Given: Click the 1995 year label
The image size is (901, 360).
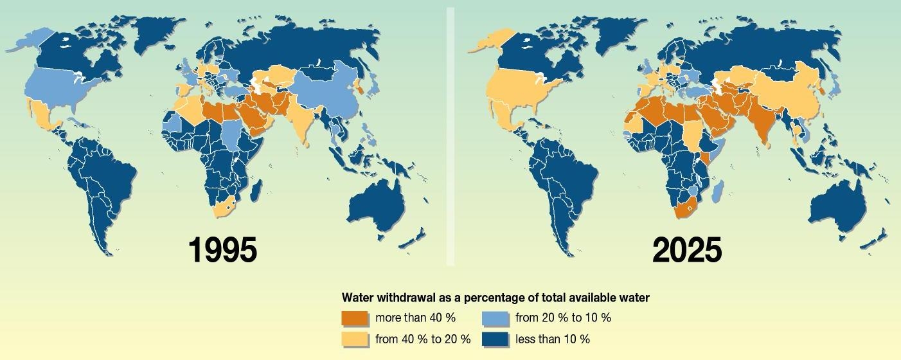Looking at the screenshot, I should click(x=222, y=250).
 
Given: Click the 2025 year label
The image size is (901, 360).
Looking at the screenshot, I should click(x=687, y=250).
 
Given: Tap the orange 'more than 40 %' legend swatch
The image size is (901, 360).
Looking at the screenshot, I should click(x=355, y=318).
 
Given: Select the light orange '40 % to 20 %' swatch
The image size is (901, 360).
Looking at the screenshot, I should click(x=355, y=338).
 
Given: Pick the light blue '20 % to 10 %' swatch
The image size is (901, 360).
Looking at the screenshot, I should click(x=495, y=318).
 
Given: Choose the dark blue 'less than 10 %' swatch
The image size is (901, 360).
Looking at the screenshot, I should click(x=495, y=338).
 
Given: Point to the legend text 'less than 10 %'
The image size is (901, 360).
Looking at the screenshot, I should click(x=552, y=338).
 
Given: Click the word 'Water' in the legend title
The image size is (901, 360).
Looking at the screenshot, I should click(x=357, y=298).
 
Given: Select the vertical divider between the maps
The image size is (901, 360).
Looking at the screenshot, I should click(x=450, y=135).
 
